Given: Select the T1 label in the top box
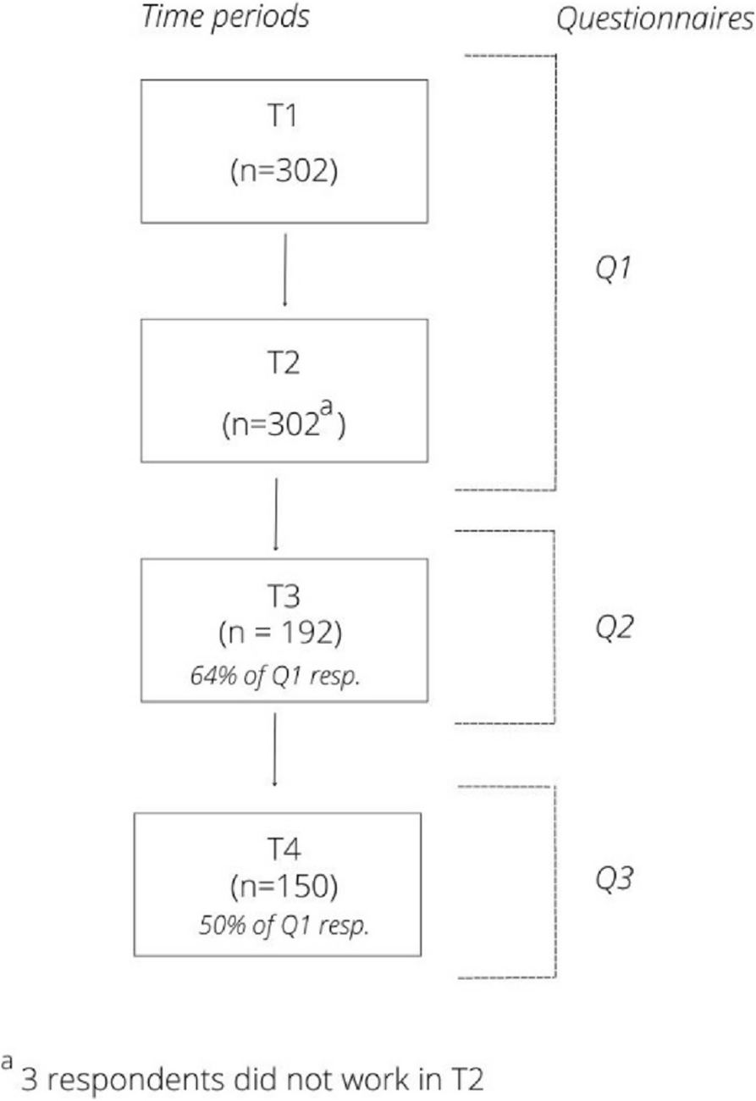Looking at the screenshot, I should click(284, 118).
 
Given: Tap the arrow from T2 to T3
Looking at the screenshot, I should click(275, 513).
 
